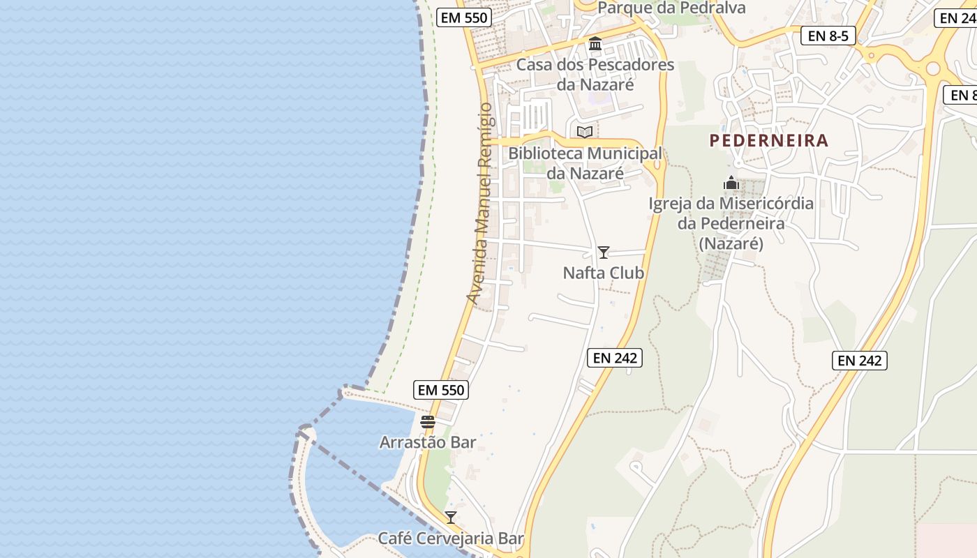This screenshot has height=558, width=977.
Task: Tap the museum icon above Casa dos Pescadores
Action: [x=595, y=44]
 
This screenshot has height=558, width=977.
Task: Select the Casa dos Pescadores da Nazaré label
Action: [x=595, y=75]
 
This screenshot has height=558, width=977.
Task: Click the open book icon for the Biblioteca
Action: [x=585, y=132]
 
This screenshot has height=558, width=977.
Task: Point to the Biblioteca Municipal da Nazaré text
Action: [x=585, y=163]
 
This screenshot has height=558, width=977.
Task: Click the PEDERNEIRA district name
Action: [x=769, y=140]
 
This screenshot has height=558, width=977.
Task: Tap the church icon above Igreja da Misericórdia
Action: [x=731, y=183]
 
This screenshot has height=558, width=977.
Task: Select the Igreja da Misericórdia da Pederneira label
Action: [x=731, y=223]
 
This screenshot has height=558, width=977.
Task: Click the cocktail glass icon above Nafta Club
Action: [x=604, y=252]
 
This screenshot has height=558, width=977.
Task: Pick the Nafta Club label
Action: [x=604, y=273]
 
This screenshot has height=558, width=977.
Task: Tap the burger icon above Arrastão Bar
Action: [x=428, y=422]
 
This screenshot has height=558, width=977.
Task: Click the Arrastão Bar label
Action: [x=428, y=442]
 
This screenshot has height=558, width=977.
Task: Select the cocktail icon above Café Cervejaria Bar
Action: [x=451, y=518]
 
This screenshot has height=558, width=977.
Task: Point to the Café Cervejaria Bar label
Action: [x=451, y=538]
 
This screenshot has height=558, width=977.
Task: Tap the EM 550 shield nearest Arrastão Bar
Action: [x=440, y=390]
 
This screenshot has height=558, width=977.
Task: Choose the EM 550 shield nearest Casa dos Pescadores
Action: [x=464, y=17]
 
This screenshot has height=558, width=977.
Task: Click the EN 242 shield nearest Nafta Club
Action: [x=613, y=358]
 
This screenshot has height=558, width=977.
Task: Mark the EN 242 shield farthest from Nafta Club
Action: [x=859, y=361]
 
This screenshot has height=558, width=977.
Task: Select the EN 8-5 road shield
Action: [x=828, y=36]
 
